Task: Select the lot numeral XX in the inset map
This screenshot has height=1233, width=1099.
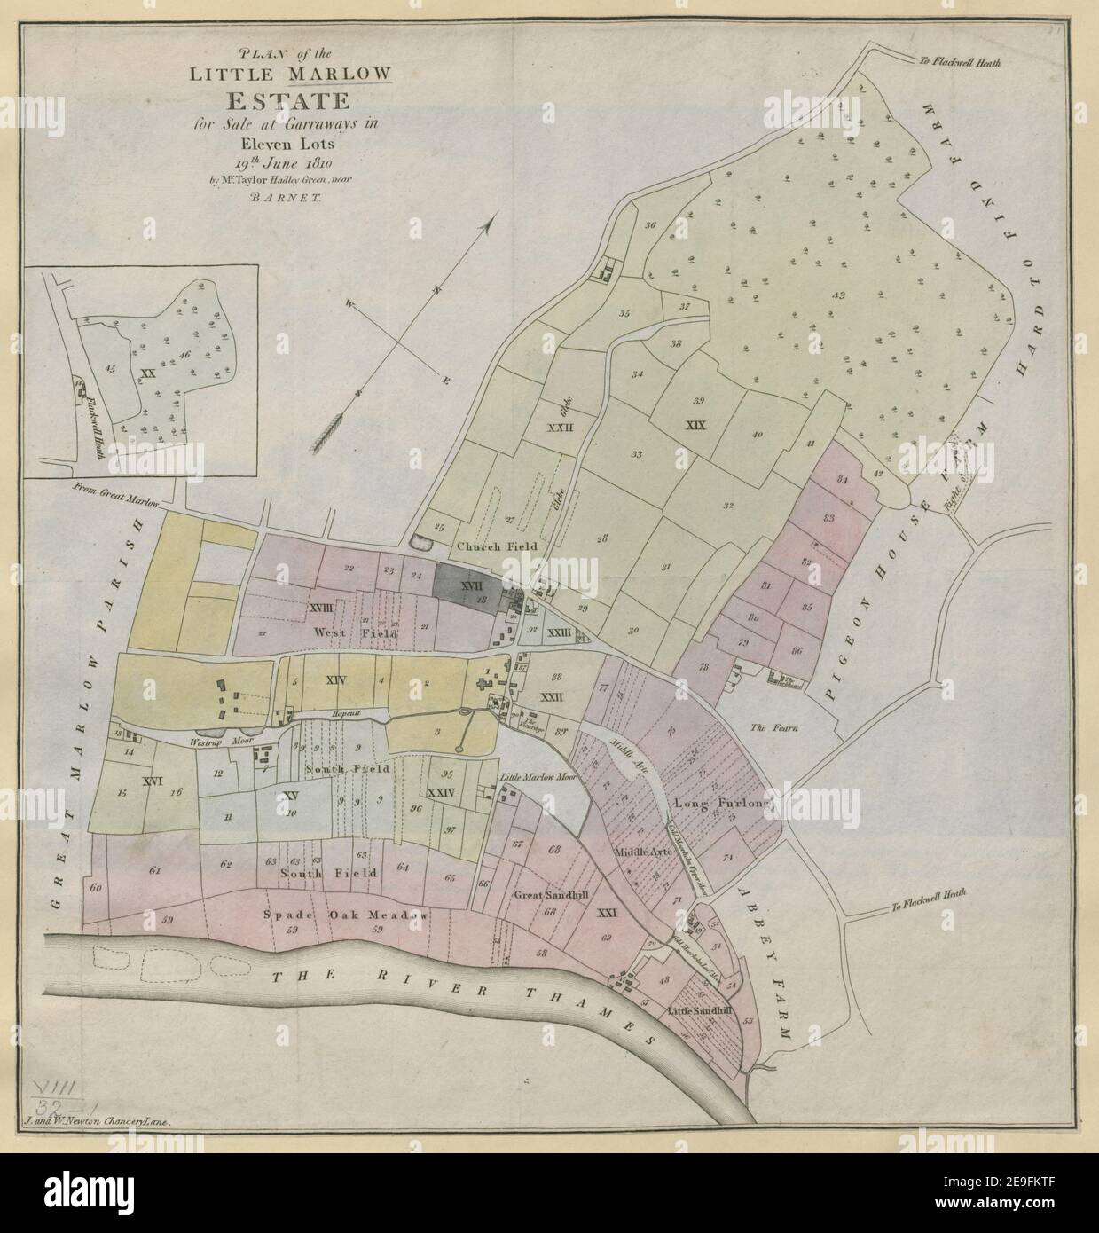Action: pos(147,373)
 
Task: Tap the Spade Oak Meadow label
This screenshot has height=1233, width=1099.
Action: pos(346,915)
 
